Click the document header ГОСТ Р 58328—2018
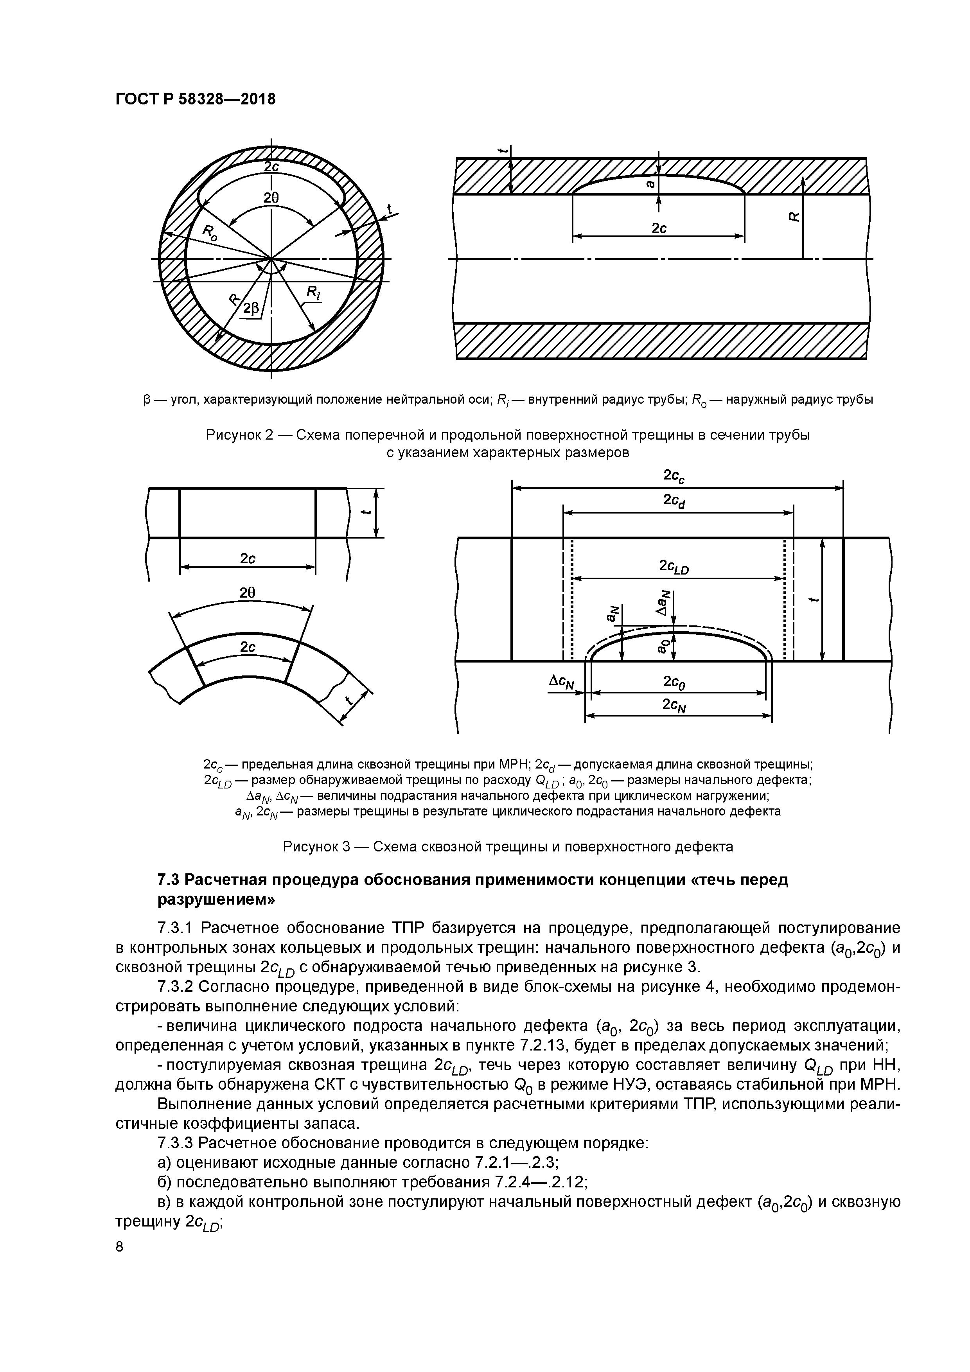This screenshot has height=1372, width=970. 196,99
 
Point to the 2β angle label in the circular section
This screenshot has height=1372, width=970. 251,308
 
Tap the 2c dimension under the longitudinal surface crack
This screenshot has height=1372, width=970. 659,228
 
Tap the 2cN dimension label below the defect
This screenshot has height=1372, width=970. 674,706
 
